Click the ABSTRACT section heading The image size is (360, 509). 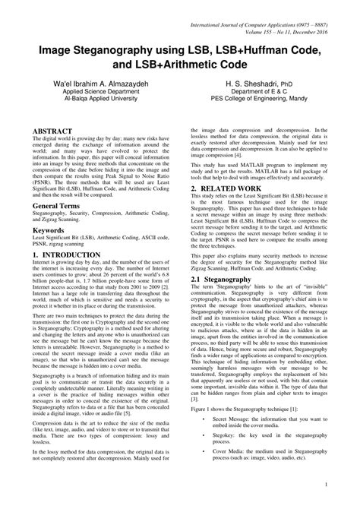click(x=50, y=131)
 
